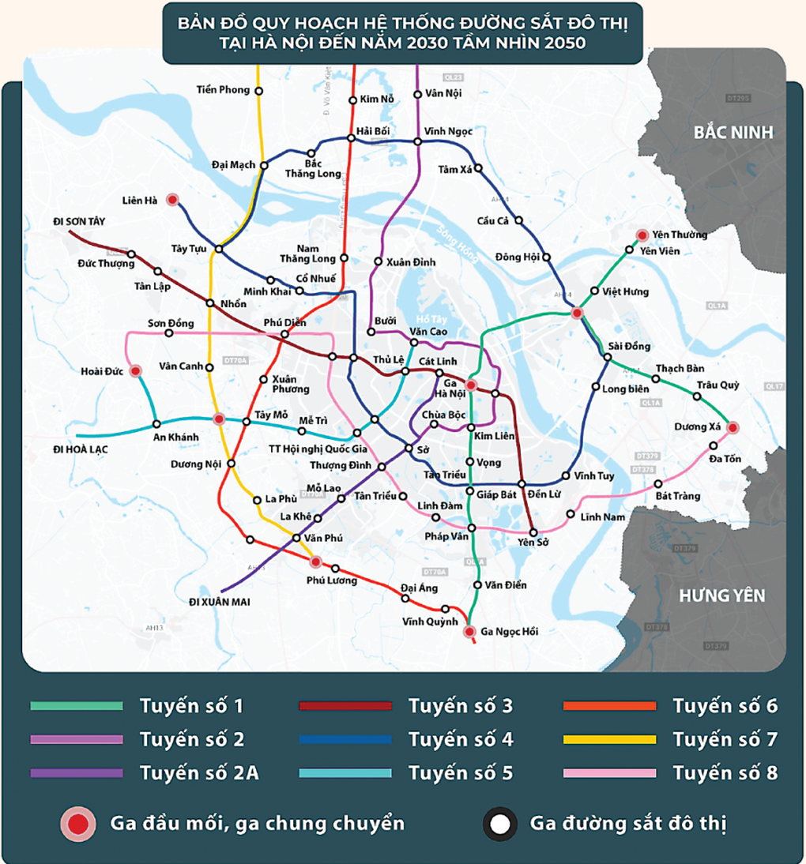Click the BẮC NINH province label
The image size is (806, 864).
[733, 132]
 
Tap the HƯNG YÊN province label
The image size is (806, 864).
[722, 595]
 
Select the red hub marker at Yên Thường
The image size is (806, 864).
[642, 235]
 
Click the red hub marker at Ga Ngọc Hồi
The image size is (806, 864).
[469, 631]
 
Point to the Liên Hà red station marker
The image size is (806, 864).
[172, 200]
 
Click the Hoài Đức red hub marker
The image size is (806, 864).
[136, 370]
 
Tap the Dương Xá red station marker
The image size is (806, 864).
[732, 427]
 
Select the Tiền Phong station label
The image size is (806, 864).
[222, 90]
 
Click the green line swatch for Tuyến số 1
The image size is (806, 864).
[77, 705]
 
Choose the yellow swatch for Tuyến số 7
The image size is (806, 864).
[610, 739]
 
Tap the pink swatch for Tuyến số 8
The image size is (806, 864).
[610, 773]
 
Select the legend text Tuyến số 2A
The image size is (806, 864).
[198, 773]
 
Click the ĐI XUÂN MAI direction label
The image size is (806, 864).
[219, 602]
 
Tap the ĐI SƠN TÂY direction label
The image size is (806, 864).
[78, 220]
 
